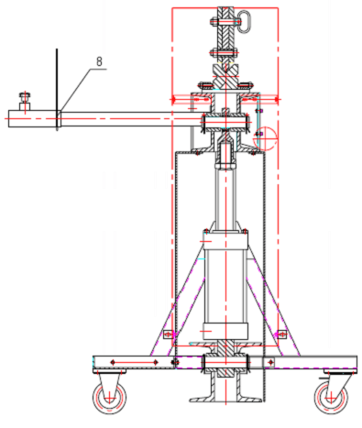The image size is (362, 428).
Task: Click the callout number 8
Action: pyautogui.click(x=99, y=61)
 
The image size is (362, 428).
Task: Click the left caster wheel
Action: pyautogui.click(x=110, y=398)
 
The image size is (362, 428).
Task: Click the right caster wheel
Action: pyautogui.click(x=331, y=397)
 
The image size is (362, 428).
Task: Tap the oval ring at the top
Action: pyautogui.click(x=244, y=22)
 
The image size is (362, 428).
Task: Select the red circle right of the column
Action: pyautogui.click(x=265, y=138)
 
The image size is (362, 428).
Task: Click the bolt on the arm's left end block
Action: pyautogui.click(x=25, y=98)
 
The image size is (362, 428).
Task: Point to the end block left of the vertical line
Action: pyautogui.click(x=32, y=118)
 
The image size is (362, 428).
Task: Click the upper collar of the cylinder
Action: pyautogui.click(x=225, y=240)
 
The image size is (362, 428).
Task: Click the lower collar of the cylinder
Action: pyautogui.click(x=225, y=331)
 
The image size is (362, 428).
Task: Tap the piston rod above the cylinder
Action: pyautogui.click(x=225, y=199)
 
